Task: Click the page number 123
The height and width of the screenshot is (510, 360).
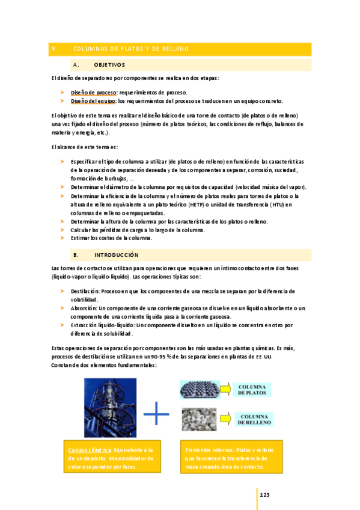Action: (264, 495)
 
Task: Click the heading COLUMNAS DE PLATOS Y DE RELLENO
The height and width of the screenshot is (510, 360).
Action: (130, 49)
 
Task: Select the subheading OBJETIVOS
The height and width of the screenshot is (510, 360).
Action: (109, 65)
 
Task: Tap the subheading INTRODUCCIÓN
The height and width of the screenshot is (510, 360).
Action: (116, 255)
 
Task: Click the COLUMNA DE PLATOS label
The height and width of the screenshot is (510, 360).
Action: (257, 389)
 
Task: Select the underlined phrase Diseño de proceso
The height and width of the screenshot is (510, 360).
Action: (93, 93)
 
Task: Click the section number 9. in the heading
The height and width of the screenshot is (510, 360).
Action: (54, 49)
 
